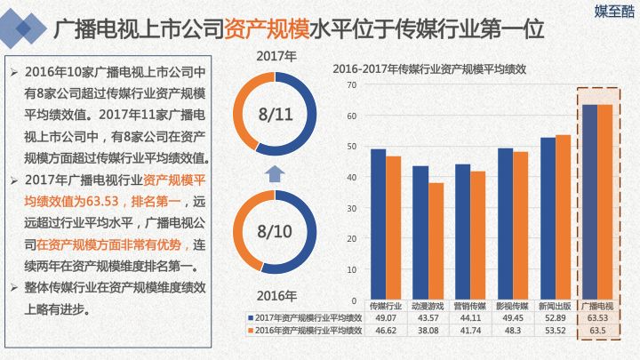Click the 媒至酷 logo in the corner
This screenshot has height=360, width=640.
[612, 11]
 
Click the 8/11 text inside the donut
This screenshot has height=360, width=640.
[274, 116]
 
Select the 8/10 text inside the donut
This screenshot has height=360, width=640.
[274, 232]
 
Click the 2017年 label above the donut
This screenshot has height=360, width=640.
[276, 56]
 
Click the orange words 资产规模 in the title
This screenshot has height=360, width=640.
[264, 28]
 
